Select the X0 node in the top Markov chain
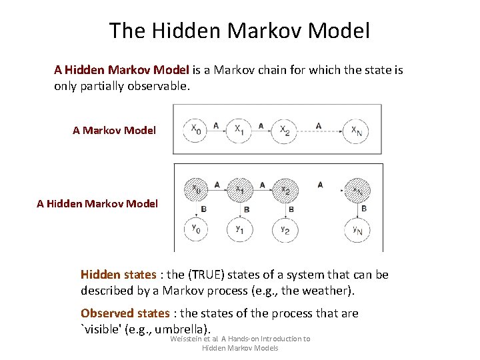[x=196, y=129]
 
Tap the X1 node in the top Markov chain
[x=239, y=129]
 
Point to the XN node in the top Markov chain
[x=357, y=129]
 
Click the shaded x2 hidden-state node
[x=285, y=190]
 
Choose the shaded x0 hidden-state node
[x=196, y=190]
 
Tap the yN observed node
[x=357, y=230]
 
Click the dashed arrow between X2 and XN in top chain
[x=319, y=130]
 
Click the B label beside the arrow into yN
[x=364, y=209]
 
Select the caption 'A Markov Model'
[x=114, y=130]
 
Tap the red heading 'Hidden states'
[x=118, y=275]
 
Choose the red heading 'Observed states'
[x=125, y=313]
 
